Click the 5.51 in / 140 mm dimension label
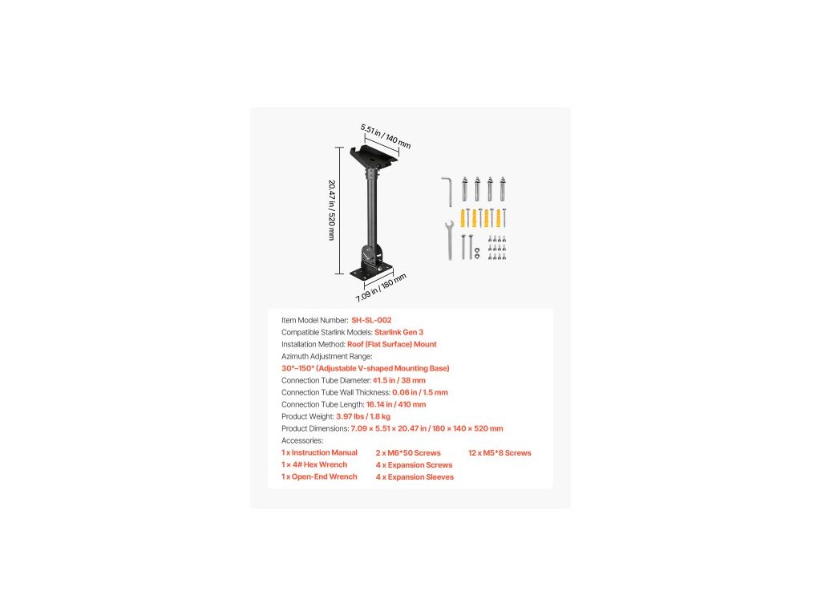(386, 136)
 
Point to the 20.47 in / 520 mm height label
(331, 210)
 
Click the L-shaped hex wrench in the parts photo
(447, 191)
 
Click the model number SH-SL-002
(371, 320)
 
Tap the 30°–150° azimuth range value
(366, 368)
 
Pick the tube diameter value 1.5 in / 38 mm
(399, 380)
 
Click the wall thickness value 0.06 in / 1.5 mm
(419, 392)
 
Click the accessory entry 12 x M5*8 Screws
(499, 453)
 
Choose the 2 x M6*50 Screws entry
(408, 453)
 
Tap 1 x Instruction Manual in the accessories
(319, 452)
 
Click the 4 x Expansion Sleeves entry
(415, 477)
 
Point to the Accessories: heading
(302, 440)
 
